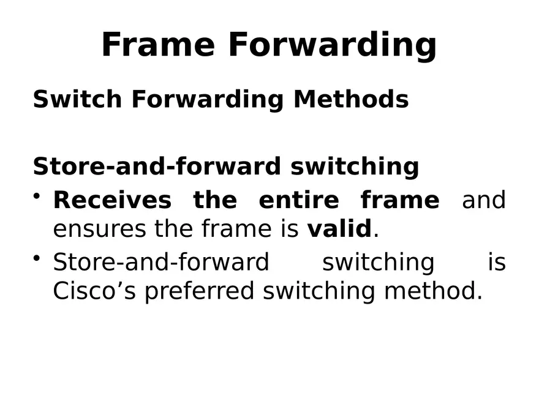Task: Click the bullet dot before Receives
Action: tap(38, 195)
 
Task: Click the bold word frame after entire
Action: tap(399, 200)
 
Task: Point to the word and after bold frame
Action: tap(483, 200)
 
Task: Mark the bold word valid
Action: tap(339, 230)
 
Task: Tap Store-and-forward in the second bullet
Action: tap(161, 263)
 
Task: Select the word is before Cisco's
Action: tap(497, 263)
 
